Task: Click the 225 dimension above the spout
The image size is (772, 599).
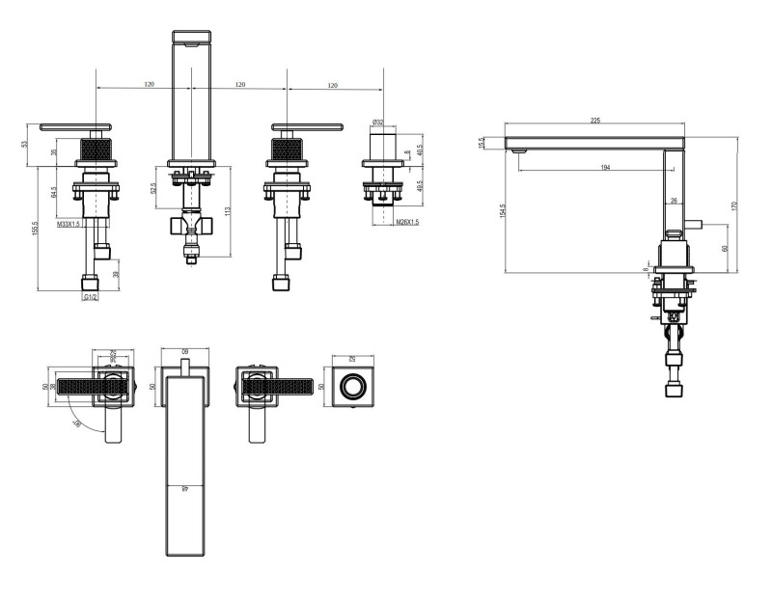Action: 594,121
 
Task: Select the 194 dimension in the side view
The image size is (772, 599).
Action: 605,168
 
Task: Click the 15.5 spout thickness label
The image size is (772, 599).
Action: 482,143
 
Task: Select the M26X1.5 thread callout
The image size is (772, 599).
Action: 407,223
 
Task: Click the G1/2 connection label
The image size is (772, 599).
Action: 91,298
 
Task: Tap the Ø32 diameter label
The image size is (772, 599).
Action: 377,123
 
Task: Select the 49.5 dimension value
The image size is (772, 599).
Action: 420,186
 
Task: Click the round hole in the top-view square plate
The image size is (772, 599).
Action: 353,388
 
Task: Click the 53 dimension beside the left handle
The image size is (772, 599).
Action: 25,144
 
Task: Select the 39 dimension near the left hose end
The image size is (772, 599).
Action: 117,274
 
